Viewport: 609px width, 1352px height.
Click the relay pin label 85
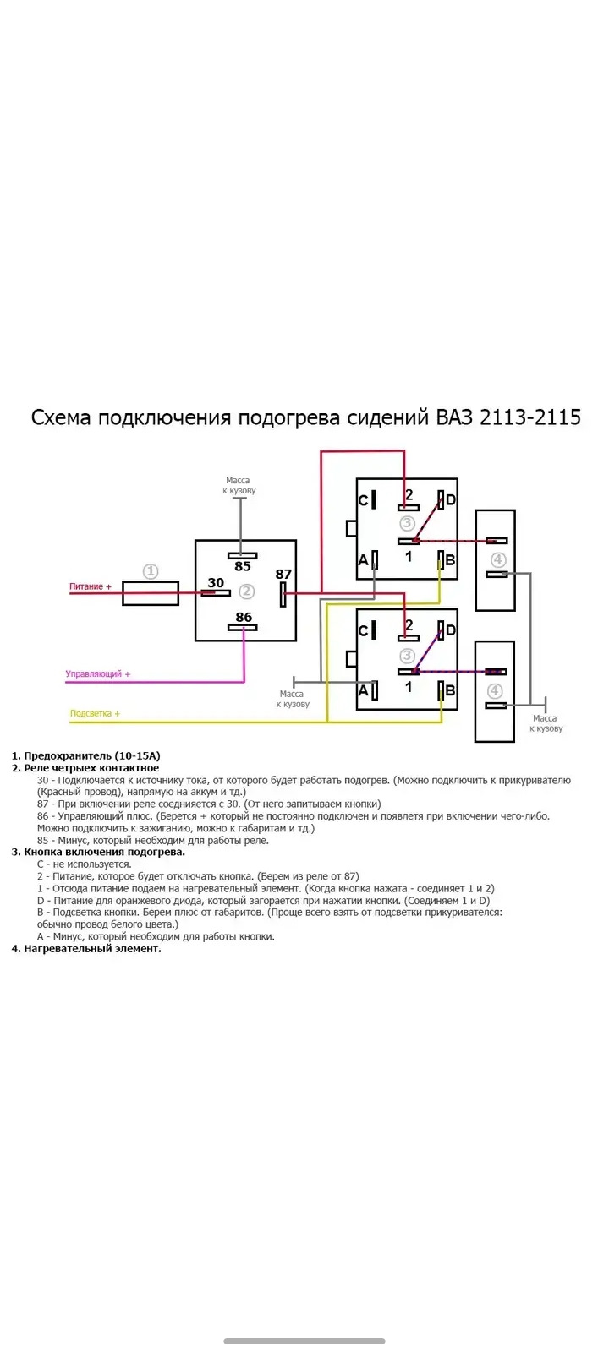click(243, 566)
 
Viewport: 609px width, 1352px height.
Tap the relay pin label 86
click(244, 617)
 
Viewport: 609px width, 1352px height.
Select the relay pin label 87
click(283, 574)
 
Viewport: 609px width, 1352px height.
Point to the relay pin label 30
click(216, 582)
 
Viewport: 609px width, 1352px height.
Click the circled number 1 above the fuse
click(151, 571)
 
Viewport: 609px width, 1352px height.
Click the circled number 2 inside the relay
click(246, 591)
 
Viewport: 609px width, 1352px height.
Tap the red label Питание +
click(90, 586)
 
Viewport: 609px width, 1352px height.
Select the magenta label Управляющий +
click(98, 673)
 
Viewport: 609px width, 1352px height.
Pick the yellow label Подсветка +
click(95, 713)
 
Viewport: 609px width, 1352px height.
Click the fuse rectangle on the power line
click(151, 593)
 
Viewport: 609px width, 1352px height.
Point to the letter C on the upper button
click(363, 501)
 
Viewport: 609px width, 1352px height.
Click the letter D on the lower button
click(451, 630)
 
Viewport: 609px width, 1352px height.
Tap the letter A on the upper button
click(363, 561)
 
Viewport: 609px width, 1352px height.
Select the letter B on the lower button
click(450, 691)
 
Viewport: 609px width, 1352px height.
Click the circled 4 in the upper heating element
click(498, 559)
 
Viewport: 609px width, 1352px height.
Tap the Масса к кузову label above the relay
click(239, 485)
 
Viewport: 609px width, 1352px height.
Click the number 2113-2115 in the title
click(530, 417)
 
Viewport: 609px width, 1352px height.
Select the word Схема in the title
click(60, 417)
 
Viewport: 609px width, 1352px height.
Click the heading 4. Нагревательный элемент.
click(86, 949)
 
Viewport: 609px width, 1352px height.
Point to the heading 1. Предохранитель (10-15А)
click(85, 755)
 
